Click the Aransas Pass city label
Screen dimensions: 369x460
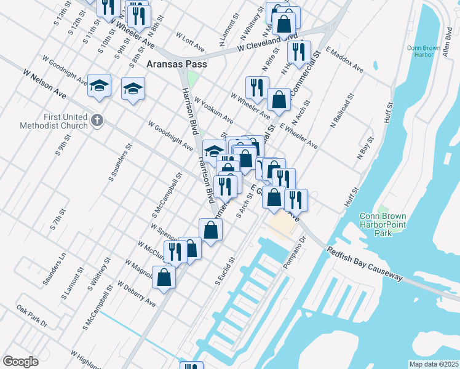pyautogui.click(x=176, y=63)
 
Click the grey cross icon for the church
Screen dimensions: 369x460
pyautogui.click(x=97, y=120)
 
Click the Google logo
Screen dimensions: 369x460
pyautogui.click(x=20, y=362)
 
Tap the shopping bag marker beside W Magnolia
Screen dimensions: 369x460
pyautogui.click(x=165, y=276)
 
